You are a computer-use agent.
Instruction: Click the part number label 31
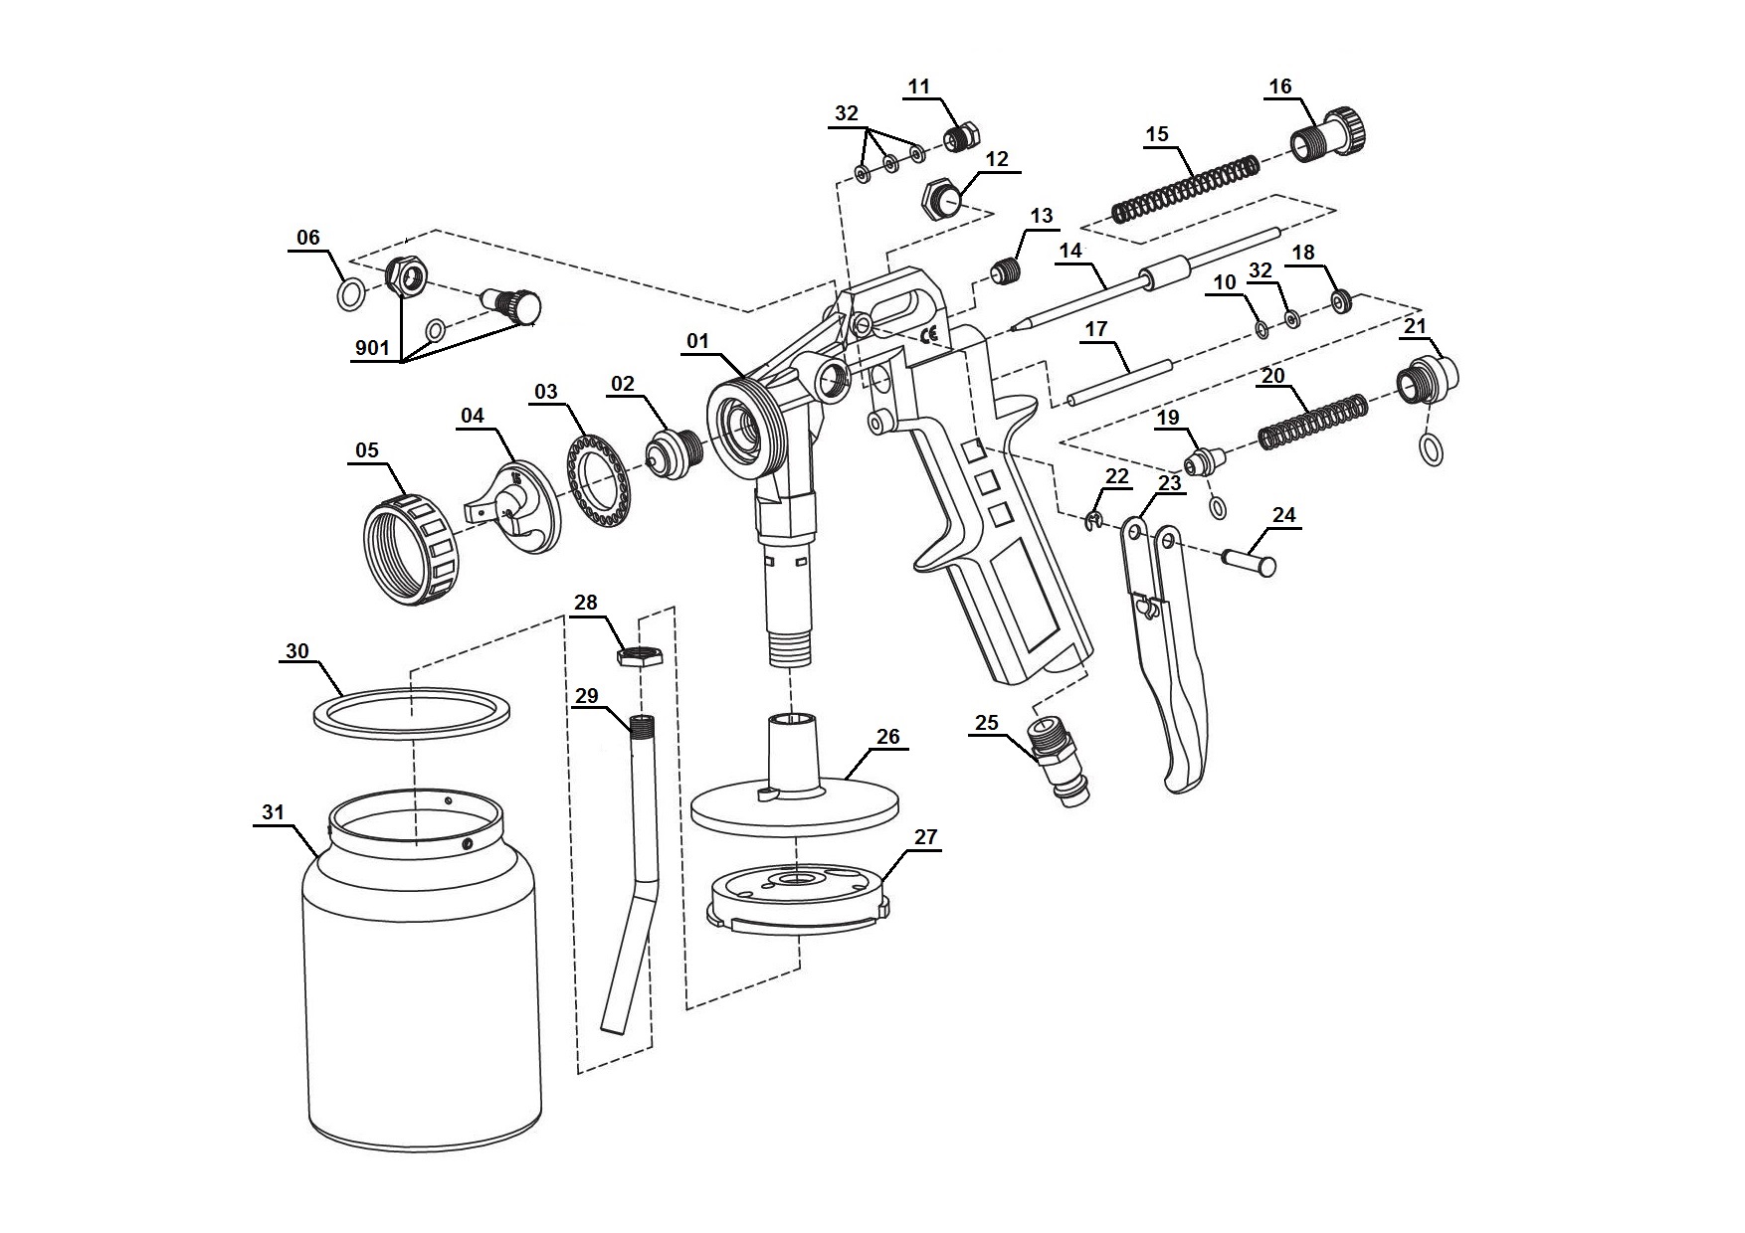pos(273,812)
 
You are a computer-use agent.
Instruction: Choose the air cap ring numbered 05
pos(411,547)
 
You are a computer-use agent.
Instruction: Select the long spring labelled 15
pos(1184,186)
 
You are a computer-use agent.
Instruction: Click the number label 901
pos(372,349)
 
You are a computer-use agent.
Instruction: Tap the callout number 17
pos(1096,328)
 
